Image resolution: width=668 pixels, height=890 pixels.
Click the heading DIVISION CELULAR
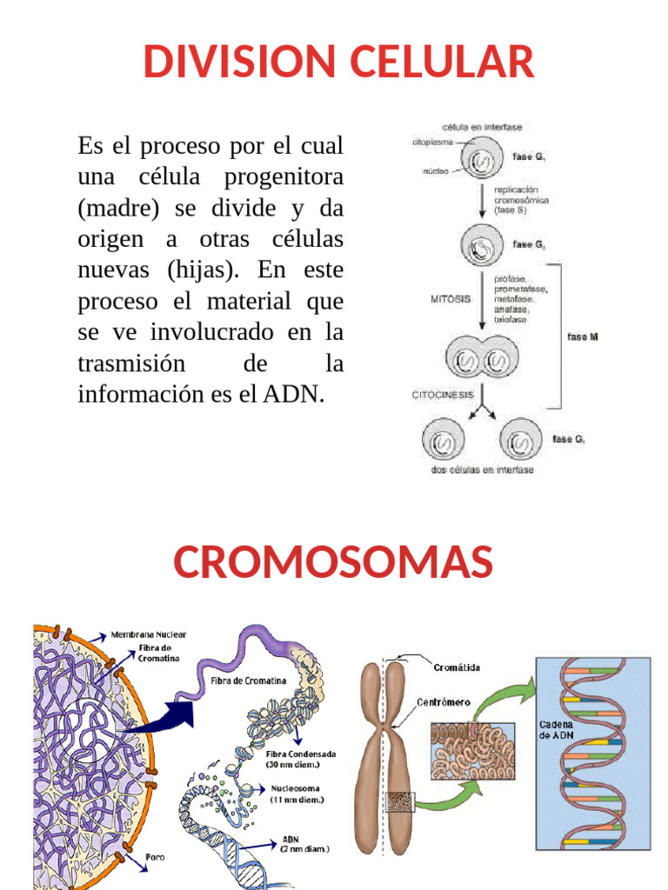[338, 62]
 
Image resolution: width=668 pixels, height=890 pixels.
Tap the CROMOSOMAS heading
[333, 561]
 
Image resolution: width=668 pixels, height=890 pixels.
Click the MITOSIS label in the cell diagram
[451, 299]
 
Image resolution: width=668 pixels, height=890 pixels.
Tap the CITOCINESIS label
[443, 395]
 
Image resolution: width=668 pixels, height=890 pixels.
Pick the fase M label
[583, 336]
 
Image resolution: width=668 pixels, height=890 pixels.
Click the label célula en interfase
[482, 127]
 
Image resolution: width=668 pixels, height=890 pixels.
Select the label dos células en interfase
[482, 470]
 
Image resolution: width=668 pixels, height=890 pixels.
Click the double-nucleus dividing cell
[481, 357]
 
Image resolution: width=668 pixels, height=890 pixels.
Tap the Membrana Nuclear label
[148, 634]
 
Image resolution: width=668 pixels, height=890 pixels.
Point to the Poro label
[155, 857]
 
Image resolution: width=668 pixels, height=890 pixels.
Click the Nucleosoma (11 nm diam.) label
[296, 794]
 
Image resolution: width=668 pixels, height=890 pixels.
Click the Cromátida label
[457, 667]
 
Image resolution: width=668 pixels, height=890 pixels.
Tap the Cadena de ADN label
[556, 729]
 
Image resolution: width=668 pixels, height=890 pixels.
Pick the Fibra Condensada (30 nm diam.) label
[301, 759]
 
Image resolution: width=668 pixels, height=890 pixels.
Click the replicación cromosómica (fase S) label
[521, 199]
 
